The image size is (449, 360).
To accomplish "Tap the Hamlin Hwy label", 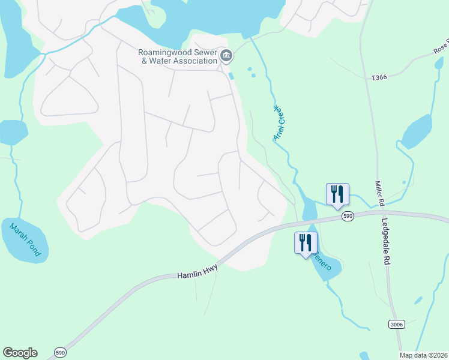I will [x=196, y=274].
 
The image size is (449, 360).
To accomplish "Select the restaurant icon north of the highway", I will [x=337, y=194].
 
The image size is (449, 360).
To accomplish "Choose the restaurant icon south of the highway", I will [x=305, y=244].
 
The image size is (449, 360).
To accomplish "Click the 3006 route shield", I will [x=396, y=325].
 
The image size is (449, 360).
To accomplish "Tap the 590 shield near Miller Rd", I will [x=347, y=215].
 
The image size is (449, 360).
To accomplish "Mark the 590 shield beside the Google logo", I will [x=59, y=352].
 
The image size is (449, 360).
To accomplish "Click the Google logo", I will [x=20, y=353].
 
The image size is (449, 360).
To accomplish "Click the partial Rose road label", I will [x=441, y=48].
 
